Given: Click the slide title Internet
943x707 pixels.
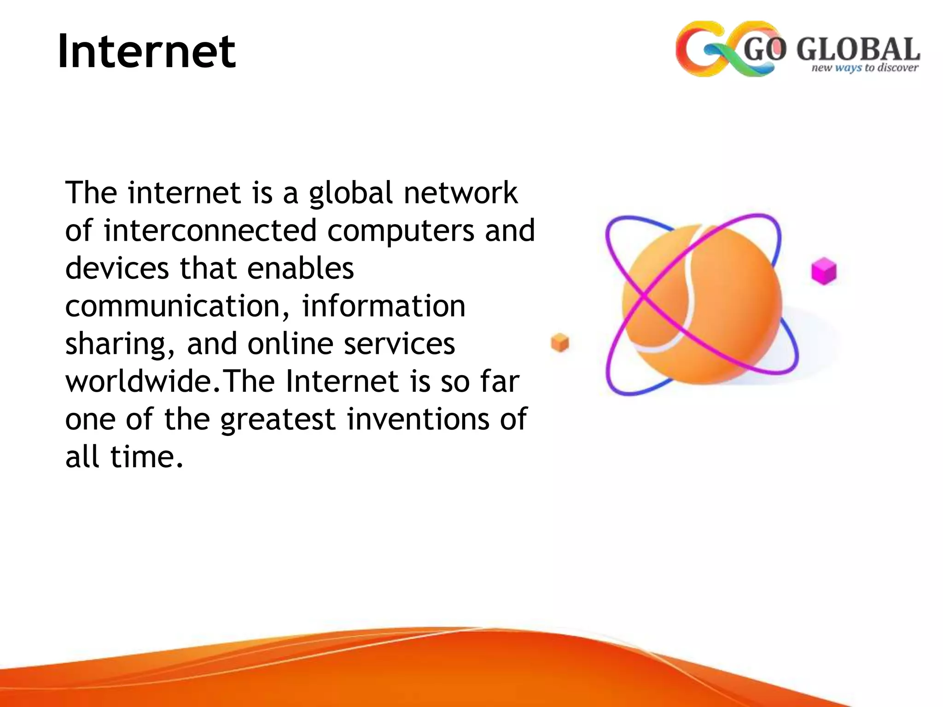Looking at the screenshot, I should (x=146, y=52).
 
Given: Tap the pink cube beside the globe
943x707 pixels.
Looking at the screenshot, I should (x=823, y=272).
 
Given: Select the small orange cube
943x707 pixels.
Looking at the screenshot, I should (x=560, y=342).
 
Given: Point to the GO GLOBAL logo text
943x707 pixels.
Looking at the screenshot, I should (x=832, y=50).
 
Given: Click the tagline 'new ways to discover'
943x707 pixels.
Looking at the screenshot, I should (x=864, y=68).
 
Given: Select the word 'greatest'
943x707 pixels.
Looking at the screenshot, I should (x=278, y=420).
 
